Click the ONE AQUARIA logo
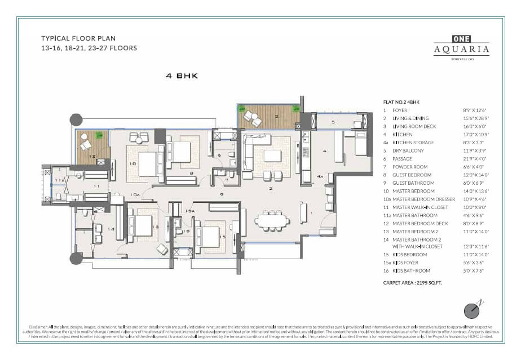point(461,46)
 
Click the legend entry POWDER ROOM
point(409,167)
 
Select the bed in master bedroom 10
point(148,163)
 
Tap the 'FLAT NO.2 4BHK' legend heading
point(402,102)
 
